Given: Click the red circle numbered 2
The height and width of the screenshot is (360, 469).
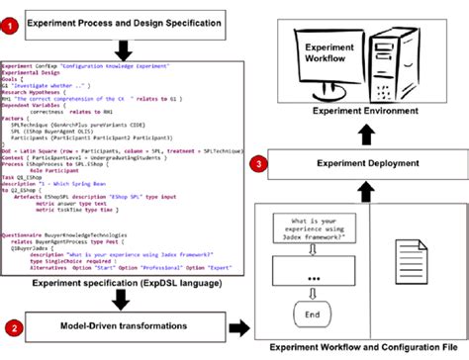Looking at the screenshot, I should (x=13, y=324).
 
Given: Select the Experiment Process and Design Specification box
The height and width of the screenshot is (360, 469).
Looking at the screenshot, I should (x=124, y=20).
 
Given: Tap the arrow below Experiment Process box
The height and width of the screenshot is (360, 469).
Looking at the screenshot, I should (x=125, y=46).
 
